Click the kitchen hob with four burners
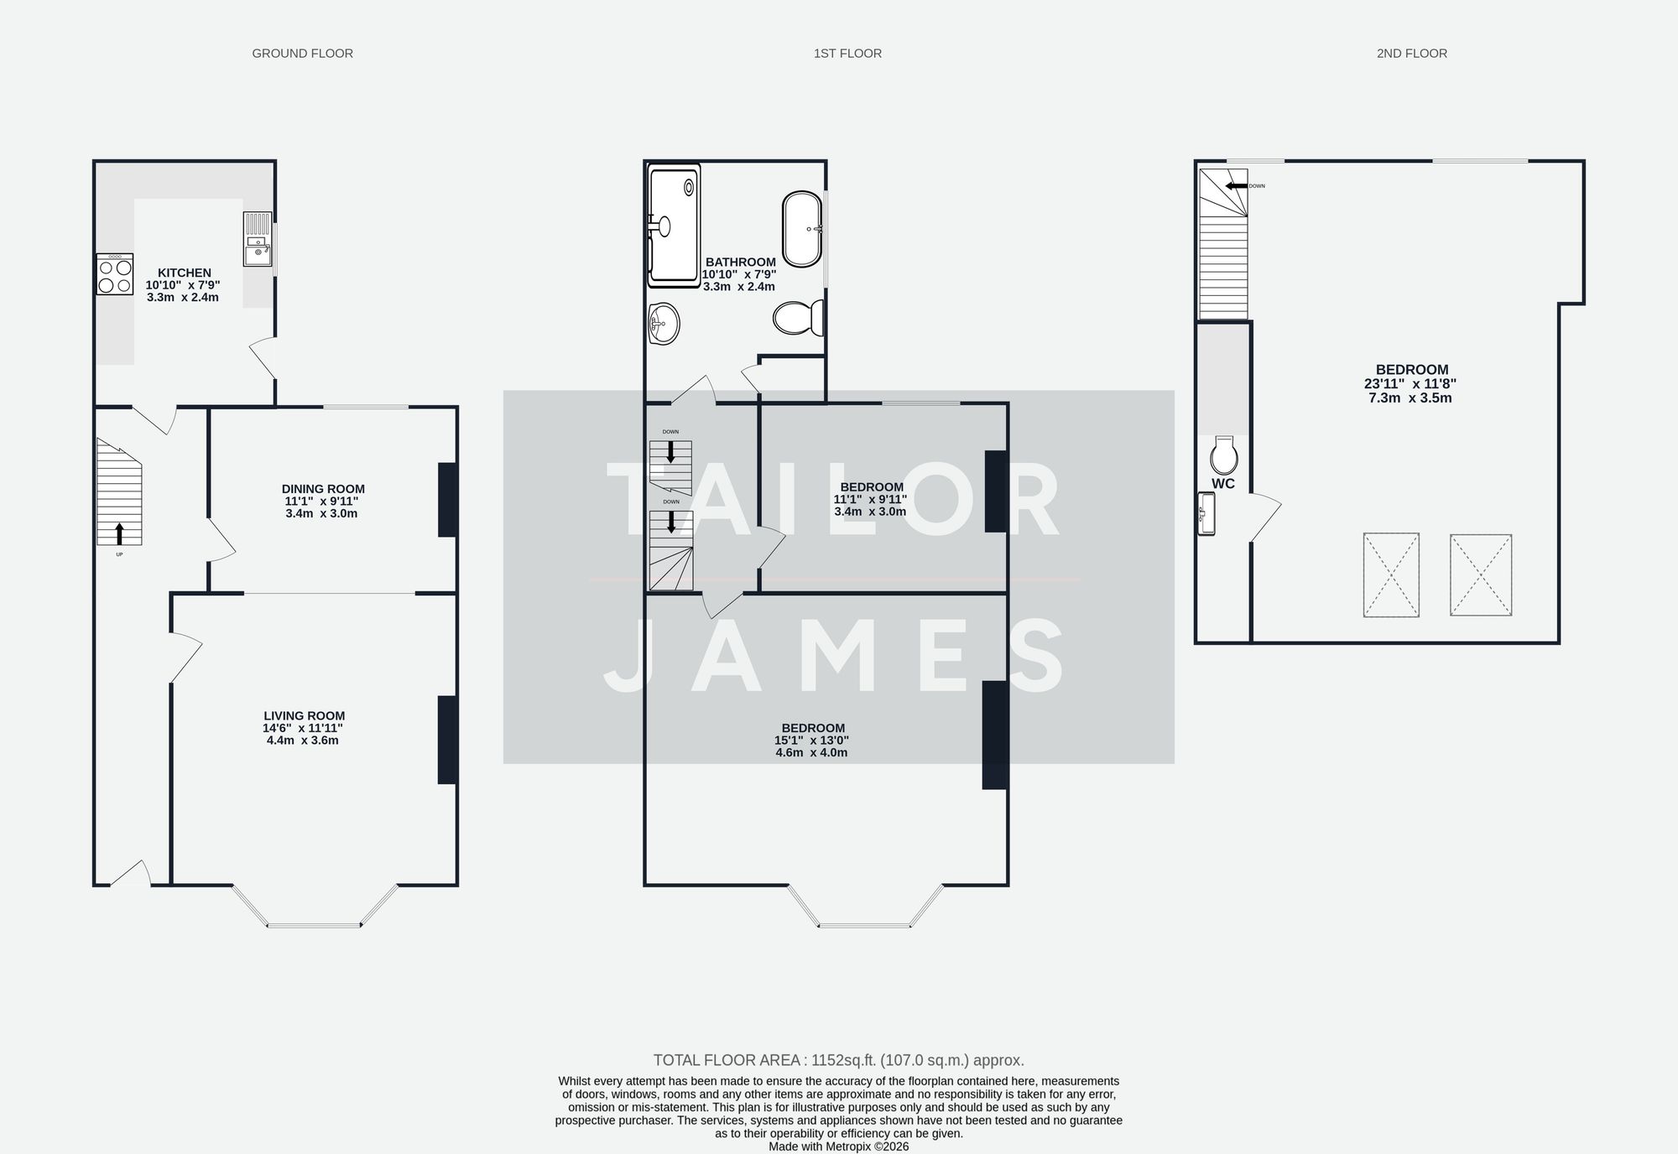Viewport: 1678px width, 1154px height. tap(115, 275)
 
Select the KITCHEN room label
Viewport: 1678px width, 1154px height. tap(185, 273)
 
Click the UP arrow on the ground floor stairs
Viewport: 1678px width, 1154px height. tap(119, 533)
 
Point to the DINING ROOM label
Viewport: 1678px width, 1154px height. tap(323, 489)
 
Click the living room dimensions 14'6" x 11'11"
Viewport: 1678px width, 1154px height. tap(302, 728)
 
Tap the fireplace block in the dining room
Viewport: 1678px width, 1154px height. tap(447, 500)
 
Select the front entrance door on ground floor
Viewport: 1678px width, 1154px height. tap(130, 875)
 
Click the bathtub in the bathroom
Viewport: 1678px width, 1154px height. tap(802, 229)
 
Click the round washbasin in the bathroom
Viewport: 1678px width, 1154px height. tap(664, 324)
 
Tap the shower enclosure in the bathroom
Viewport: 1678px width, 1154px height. tap(674, 225)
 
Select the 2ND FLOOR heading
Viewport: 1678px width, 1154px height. tap(1411, 54)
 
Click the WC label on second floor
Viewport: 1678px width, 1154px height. tap(1223, 484)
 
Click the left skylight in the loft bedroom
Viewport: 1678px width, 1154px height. tap(1391, 575)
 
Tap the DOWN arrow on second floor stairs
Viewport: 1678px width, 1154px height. tap(1234, 185)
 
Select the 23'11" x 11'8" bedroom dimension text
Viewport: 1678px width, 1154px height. tap(1410, 383)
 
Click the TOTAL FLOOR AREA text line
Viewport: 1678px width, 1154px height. tap(838, 1060)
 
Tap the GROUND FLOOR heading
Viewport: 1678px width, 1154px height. tap(302, 54)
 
